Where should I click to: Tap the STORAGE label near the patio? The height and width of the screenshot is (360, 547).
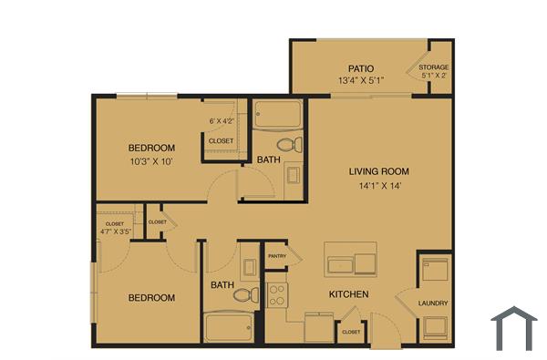click(x=433, y=68)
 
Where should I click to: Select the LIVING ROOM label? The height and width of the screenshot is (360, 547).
click(x=378, y=171)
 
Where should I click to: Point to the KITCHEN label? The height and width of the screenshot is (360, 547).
click(x=347, y=294)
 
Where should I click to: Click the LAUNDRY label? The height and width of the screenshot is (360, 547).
click(x=433, y=303)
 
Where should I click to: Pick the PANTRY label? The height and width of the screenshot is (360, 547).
click(x=277, y=257)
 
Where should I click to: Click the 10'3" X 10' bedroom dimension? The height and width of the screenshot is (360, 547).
click(x=151, y=161)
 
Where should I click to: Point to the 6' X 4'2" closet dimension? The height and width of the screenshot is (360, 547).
click(x=222, y=120)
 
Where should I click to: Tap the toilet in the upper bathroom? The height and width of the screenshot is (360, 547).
click(x=287, y=143)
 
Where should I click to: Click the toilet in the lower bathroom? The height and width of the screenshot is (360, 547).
click(x=243, y=294)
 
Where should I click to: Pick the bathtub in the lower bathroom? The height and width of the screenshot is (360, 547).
click(x=228, y=325)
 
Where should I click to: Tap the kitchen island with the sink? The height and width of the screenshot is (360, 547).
click(x=350, y=260)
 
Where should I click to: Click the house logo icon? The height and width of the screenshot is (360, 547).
click(x=513, y=328)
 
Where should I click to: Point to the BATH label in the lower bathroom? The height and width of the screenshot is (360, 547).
click(x=222, y=285)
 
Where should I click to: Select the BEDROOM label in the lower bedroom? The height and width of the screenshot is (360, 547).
click(x=151, y=298)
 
